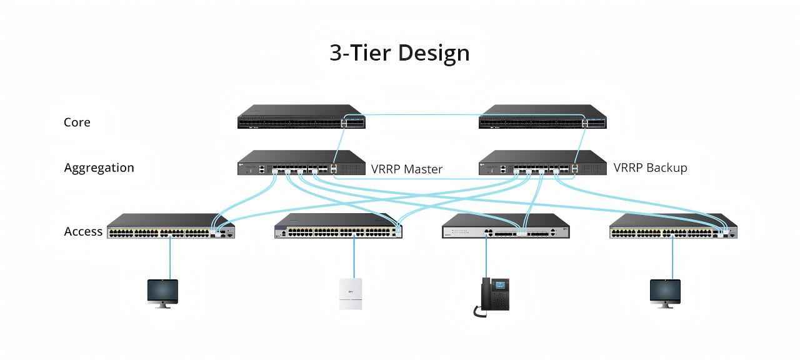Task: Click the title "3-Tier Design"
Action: (399, 53)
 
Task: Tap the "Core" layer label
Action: (77, 122)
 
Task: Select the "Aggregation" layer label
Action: (99, 168)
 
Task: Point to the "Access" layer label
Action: (83, 231)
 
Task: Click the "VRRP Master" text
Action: (406, 169)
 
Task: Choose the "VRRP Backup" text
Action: (650, 167)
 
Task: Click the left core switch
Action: (301, 116)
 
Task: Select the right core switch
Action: (542, 116)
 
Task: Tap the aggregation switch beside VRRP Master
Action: (301, 162)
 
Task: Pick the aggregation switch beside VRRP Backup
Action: (542, 162)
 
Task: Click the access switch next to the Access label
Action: (171, 226)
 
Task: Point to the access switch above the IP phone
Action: (506, 226)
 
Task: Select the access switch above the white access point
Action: (338, 226)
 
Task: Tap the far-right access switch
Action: (673, 226)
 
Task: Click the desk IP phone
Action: (492, 297)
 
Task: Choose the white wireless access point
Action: (351, 294)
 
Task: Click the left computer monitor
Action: (162, 294)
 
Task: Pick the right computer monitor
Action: (665, 294)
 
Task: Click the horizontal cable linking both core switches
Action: (464, 115)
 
